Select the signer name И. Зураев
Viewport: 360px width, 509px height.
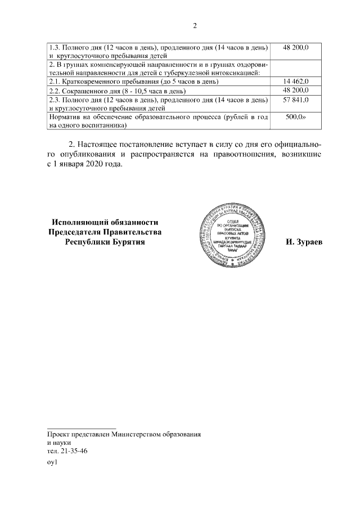point(304,242)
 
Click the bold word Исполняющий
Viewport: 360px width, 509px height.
point(80,222)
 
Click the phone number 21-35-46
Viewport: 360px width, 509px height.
point(73,451)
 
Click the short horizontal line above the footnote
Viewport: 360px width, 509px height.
point(81,428)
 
